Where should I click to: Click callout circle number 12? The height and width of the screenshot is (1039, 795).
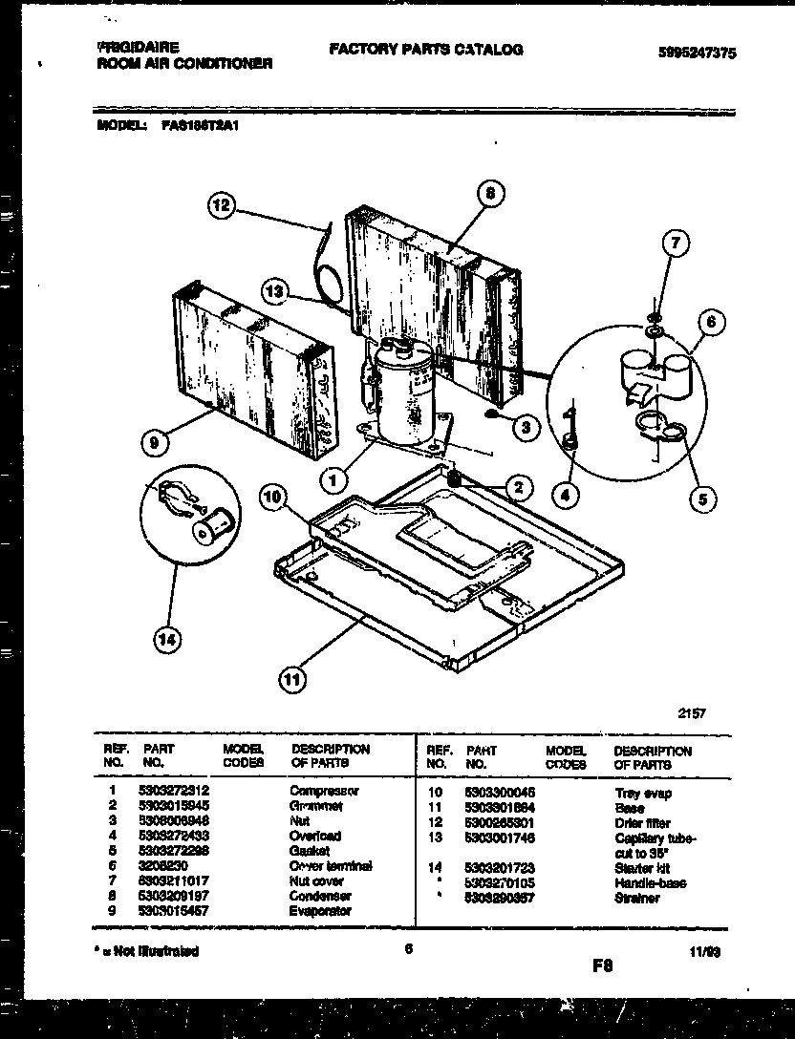(222, 205)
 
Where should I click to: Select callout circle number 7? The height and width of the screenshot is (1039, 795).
(675, 245)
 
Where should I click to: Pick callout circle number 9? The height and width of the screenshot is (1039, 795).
(153, 441)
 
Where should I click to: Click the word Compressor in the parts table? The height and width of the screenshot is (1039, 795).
(324, 792)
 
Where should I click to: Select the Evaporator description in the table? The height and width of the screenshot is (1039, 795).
(320, 911)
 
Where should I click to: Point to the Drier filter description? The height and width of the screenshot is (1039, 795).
(642, 822)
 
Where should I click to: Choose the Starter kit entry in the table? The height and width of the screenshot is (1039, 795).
(642, 867)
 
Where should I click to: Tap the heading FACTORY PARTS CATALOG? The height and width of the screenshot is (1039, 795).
(425, 50)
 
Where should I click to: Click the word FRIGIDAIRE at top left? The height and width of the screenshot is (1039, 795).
(139, 46)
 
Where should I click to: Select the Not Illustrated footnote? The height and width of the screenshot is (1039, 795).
(148, 951)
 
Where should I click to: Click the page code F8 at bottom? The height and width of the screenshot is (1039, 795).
(601, 965)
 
